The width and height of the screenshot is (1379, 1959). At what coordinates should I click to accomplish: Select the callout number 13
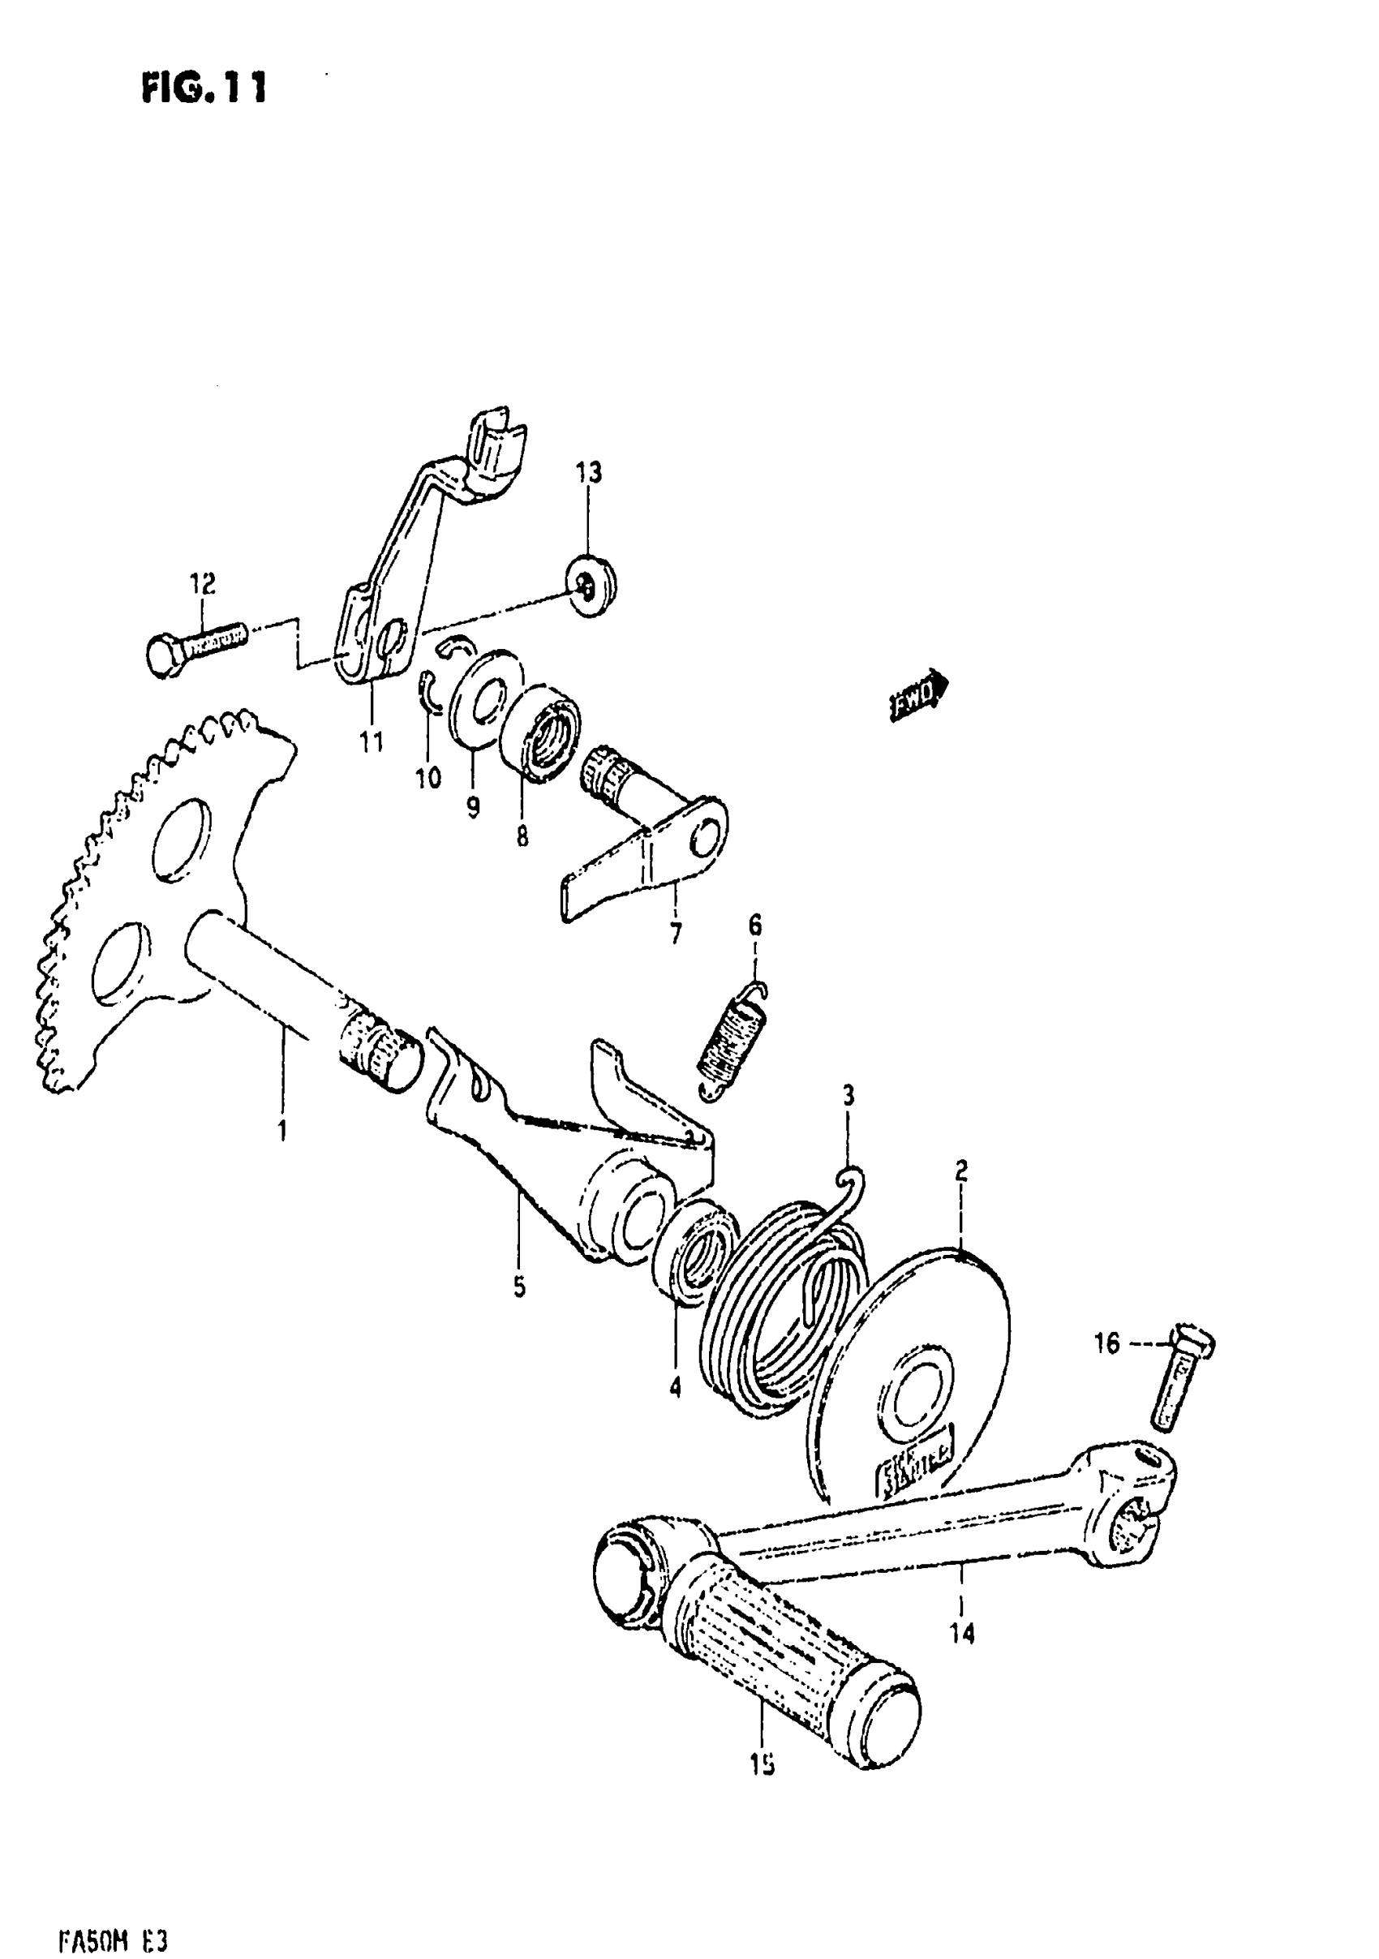coord(588,472)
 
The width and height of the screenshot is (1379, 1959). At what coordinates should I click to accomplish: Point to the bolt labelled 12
coord(195,647)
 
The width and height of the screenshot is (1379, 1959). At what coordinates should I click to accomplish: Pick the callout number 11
coord(372,741)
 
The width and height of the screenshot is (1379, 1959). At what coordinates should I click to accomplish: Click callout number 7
coord(676,934)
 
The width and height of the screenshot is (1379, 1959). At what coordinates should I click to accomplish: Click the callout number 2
coord(961,1171)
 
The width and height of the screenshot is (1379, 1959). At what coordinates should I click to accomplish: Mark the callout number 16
coord(1106,1344)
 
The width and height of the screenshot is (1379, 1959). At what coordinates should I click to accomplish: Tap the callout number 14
coord(961,1633)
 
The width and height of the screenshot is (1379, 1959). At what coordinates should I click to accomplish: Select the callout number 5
coord(520,1287)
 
